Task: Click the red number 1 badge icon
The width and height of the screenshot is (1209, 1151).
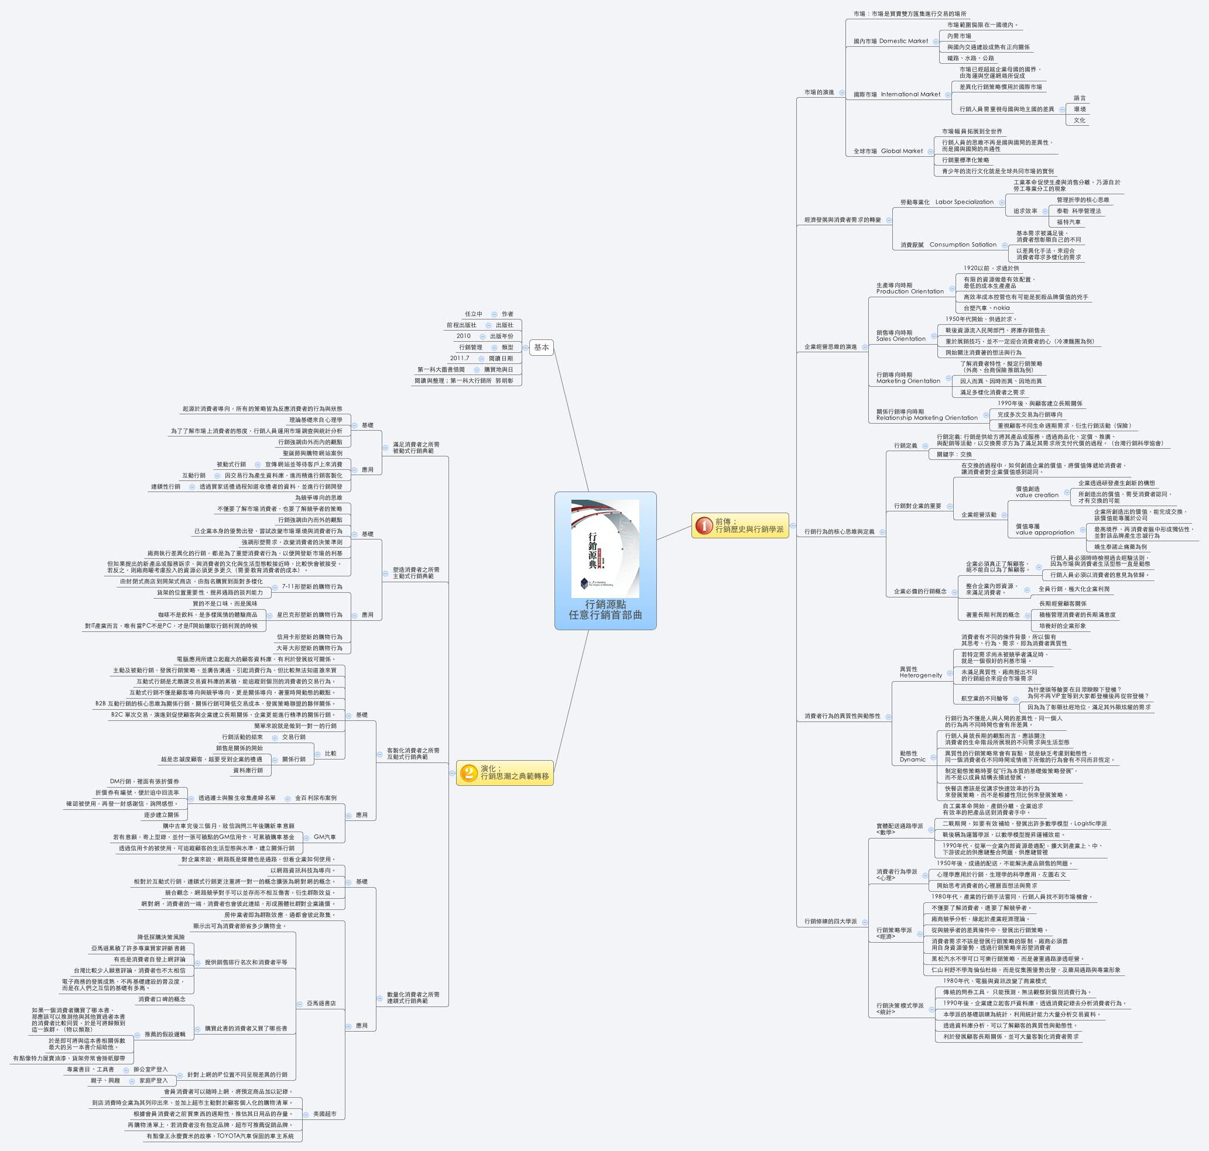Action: tap(704, 526)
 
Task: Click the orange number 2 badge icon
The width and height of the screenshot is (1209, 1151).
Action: tap(469, 772)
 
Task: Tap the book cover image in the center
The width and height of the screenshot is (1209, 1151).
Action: tap(605, 548)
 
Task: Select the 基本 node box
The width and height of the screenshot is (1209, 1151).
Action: tap(541, 347)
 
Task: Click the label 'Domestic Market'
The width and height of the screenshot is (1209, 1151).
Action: tap(903, 41)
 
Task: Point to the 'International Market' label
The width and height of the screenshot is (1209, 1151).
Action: tap(910, 94)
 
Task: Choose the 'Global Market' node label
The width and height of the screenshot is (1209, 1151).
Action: tap(902, 151)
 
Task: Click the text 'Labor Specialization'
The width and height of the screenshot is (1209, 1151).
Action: tap(964, 202)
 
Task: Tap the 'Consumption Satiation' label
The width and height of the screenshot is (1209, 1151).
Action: tap(963, 244)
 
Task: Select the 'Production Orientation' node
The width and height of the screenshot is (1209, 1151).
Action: tap(909, 291)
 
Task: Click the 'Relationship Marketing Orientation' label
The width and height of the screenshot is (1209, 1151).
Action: tap(927, 418)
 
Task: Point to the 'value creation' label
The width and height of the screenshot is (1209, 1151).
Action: tap(1036, 494)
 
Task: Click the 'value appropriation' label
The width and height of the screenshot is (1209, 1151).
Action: tap(1044, 532)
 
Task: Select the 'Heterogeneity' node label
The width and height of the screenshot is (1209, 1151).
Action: tap(920, 675)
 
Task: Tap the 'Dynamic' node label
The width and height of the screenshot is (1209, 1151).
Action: tap(912, 759)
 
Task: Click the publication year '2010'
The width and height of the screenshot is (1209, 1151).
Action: tap(464, 336)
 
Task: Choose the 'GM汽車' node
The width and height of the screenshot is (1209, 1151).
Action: tap(325, 837)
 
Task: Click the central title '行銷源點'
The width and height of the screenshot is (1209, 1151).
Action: tap(605, 604)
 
